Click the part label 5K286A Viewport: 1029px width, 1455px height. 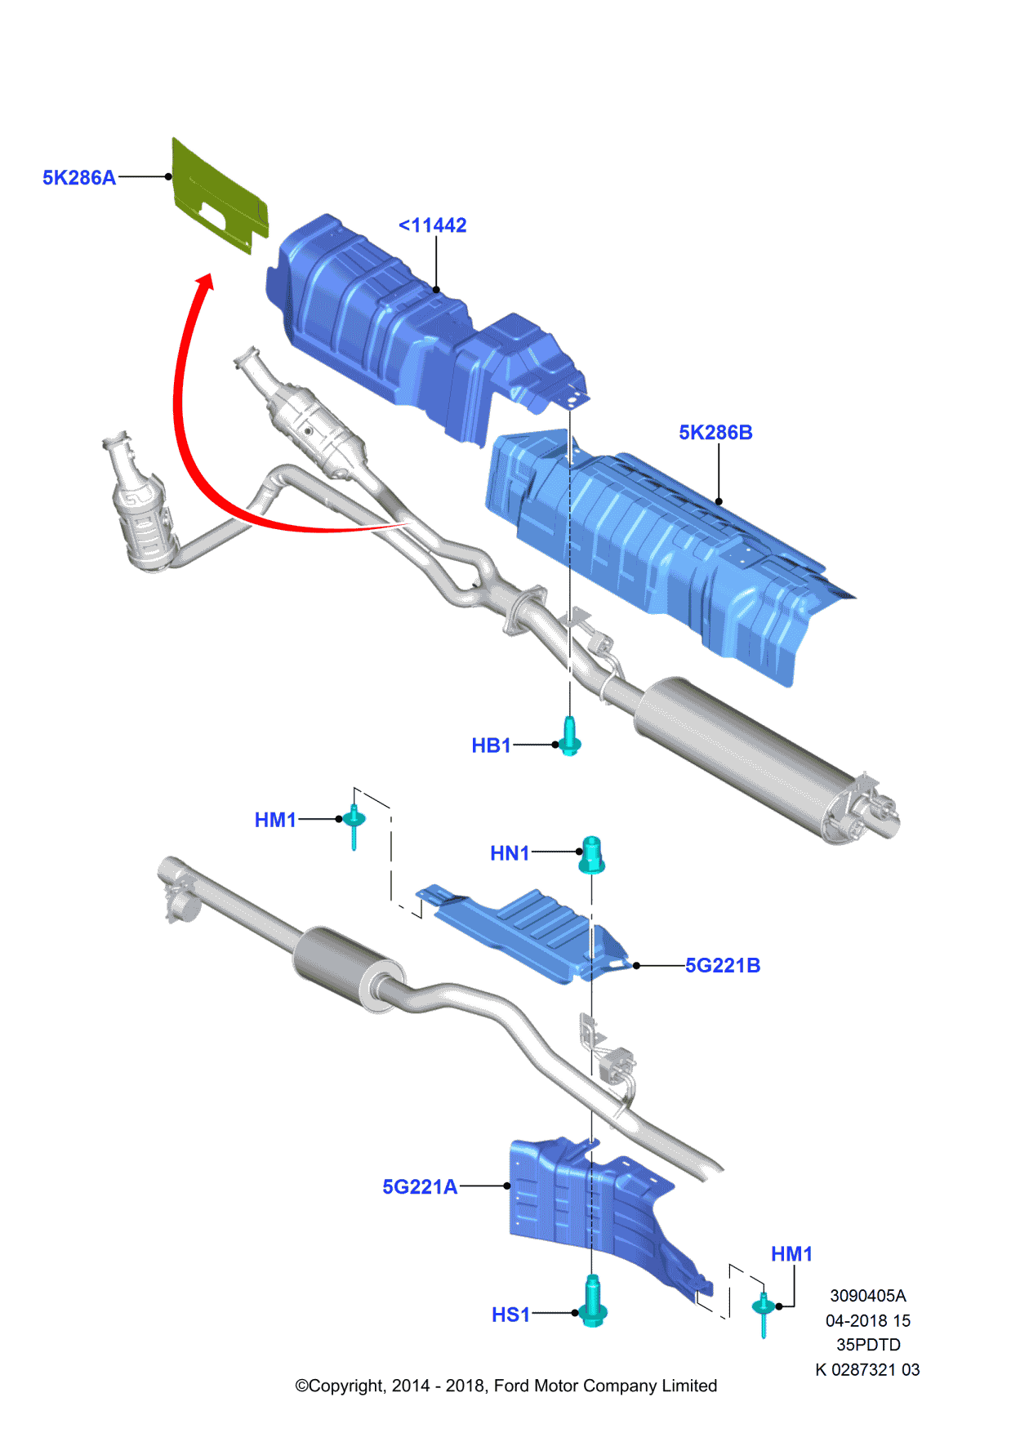[x=78, y=178]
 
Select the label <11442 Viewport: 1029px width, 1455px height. [x=432, y=225]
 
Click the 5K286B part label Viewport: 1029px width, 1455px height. [x=715, y=433]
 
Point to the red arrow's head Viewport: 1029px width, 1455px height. [x=204, y=283]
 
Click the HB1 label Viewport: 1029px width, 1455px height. [x=491, y=745]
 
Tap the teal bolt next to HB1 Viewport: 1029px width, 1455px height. [x=570, y=736]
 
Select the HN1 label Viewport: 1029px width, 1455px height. [x=510, y=853]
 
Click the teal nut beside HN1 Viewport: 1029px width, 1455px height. [x=592, y=854]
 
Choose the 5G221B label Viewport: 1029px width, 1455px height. [x=723, y=966]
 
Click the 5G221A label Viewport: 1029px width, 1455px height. [x=420, y=1187]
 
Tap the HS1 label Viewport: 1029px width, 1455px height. [x=510, y=1315]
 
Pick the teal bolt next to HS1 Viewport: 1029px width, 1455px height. [x=593, y=1301]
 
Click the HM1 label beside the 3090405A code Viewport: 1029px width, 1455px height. [x=791, y=1254]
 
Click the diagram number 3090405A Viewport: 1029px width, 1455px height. [x=868, y=1296]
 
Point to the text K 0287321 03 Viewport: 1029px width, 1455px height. [x=867, y=1369]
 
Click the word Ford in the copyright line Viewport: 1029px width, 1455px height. [x=511, y=1386]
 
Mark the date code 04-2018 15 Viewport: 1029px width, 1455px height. [x=867, y=1320]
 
